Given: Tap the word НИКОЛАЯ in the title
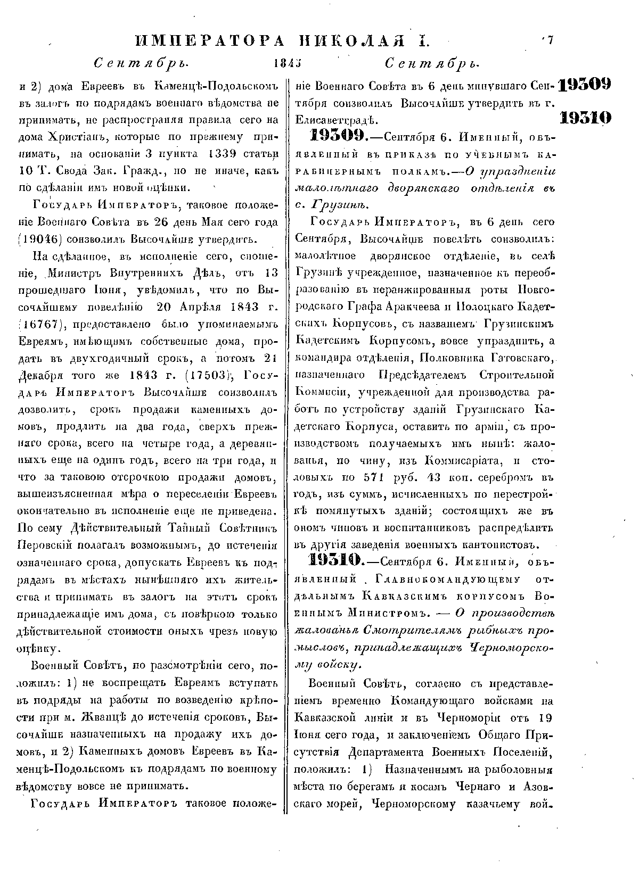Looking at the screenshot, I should [359, 41].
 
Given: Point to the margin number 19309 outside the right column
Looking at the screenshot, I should [585, 85].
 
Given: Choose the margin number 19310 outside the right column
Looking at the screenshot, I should [585, 118].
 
